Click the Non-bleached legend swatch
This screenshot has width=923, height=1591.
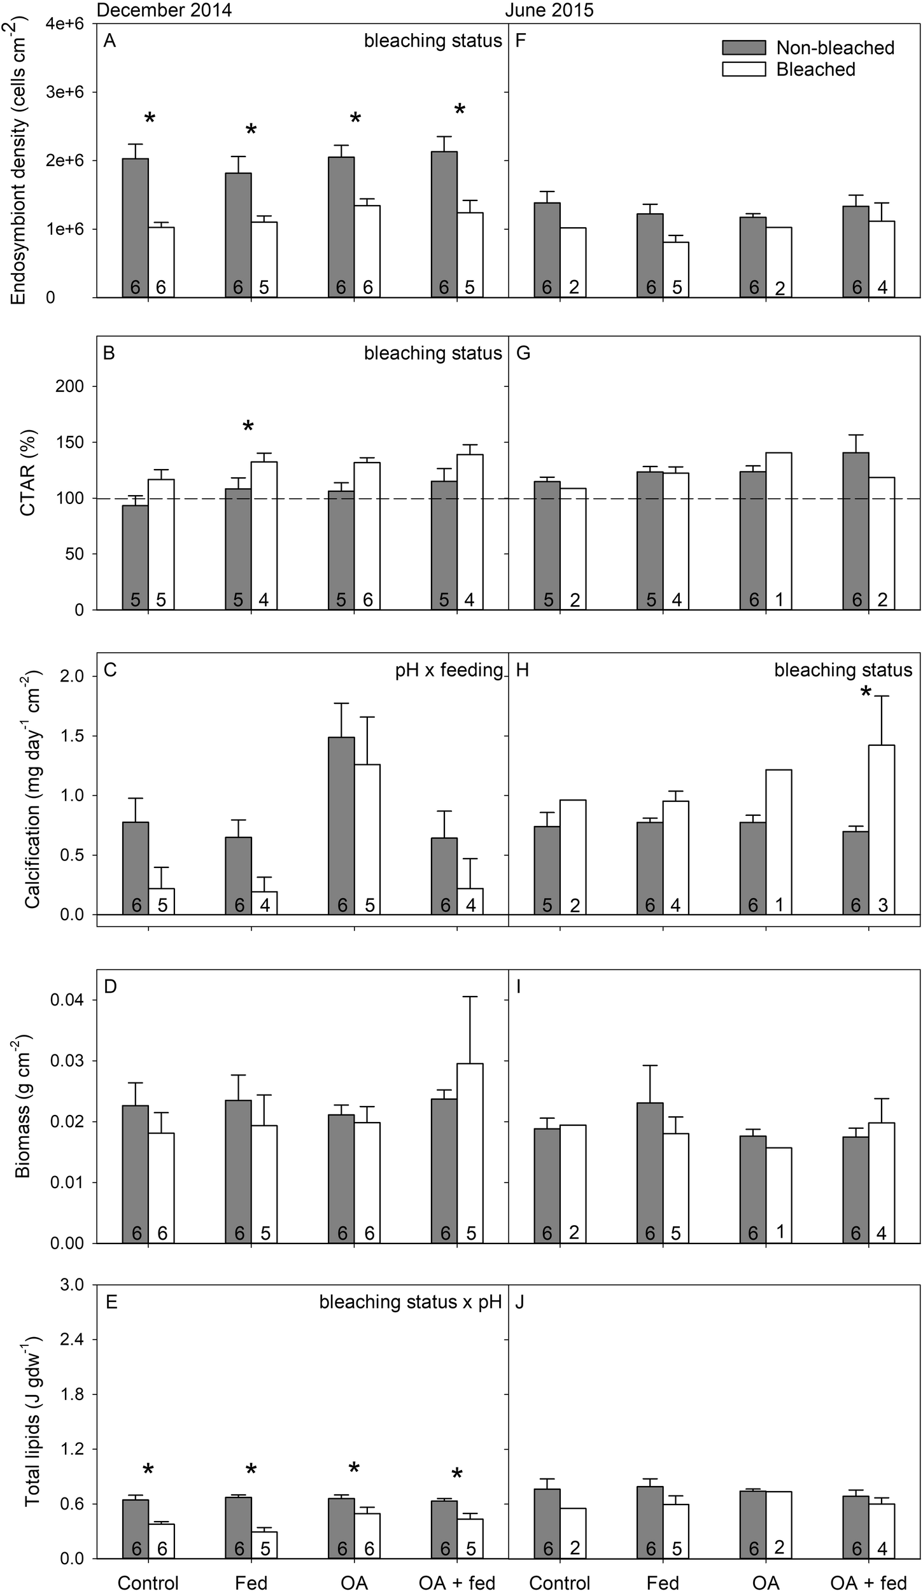pyautogui.click(x=743, y=48)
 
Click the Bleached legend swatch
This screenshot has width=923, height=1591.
pyautogui.click(x=743, y=69)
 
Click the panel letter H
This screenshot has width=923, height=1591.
pyautogui.click(x=523, y=670)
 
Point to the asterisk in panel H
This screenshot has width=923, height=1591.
pyautogui.click(x=865, y=693)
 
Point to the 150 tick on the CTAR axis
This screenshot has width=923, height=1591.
pyautogui.click(x=75, y=442)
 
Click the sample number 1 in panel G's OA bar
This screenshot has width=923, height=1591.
pyautogui.click(x=780, y=599)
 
